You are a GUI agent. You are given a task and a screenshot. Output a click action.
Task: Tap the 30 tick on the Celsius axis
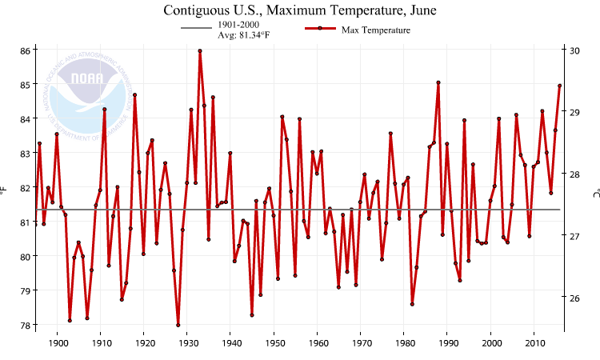click(x=575, y=50)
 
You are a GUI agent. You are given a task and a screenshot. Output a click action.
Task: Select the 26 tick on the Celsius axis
click(x=575, y=298)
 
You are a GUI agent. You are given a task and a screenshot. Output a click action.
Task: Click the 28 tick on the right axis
click(x=575, y=174)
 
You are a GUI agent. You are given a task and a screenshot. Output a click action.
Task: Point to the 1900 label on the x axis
click(x=58, y=343)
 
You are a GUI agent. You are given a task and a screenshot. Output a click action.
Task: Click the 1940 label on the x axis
click(x=230, y=343)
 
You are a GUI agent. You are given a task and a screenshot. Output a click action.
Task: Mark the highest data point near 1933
click(x=200, y=51)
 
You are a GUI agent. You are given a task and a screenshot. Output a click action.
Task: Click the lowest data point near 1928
click(x=178, y=325)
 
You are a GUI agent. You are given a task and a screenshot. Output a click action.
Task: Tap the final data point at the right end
click(x=560, y=86)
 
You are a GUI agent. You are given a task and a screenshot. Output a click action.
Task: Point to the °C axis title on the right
click(x=594, y=192)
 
